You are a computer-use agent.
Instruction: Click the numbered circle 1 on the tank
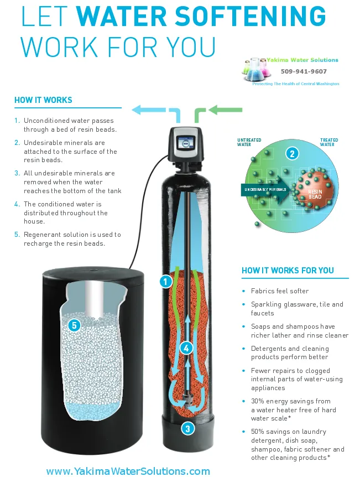pos(165,282)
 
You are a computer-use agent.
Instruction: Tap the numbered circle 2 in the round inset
pos(292,153)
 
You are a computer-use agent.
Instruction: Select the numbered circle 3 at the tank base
pos(188,429)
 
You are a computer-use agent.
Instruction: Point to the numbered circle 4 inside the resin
pos(186,348)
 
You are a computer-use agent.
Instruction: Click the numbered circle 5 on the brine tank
pos(74,325)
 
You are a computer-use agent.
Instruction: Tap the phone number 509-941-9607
pos(304,71)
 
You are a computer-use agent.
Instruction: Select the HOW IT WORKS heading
pos(43,100)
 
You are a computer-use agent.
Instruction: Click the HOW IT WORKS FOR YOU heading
pos(288,271)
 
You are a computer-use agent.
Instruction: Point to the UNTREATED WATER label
pos(249,142)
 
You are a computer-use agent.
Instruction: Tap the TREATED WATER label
pos(328,142)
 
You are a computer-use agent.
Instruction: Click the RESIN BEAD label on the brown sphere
pos(315,194)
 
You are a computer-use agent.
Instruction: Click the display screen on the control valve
pos(185,142)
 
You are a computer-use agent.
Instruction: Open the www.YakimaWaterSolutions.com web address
pos(128,471)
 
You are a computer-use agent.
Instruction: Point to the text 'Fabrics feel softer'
pos(280,291)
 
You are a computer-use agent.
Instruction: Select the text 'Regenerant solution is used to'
pos(72,235)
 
